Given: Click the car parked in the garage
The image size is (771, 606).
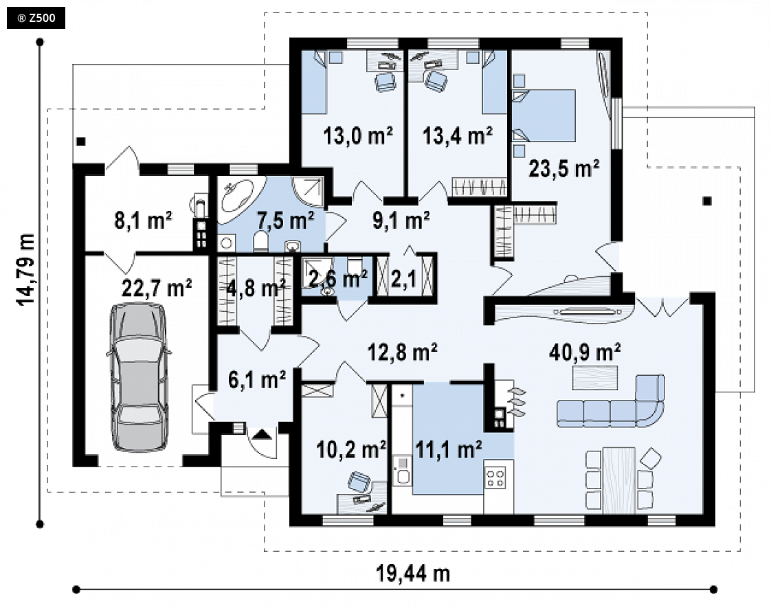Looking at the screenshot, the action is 138,377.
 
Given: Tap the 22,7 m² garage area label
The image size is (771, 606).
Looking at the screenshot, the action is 157,288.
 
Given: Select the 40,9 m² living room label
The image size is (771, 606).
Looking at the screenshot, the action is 585,352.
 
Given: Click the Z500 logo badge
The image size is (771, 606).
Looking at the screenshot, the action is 36,18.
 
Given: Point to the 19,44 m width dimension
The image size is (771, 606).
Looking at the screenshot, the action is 413,573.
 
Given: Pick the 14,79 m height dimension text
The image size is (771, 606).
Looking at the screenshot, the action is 26,269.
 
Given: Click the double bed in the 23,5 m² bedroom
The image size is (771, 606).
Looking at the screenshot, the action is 544,115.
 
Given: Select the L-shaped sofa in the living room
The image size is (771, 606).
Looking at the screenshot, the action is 611,401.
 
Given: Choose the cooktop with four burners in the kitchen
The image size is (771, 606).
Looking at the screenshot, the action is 495,478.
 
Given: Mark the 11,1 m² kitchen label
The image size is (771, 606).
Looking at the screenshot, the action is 449,449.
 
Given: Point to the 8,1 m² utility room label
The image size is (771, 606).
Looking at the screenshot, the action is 143,220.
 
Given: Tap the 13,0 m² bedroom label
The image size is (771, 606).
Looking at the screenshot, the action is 358,135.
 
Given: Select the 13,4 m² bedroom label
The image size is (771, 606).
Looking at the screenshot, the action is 458,135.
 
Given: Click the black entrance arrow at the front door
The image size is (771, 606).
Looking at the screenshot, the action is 262,434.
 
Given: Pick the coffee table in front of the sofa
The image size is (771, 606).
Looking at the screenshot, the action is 595,377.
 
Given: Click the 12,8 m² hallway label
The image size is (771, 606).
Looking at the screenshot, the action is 403,352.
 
